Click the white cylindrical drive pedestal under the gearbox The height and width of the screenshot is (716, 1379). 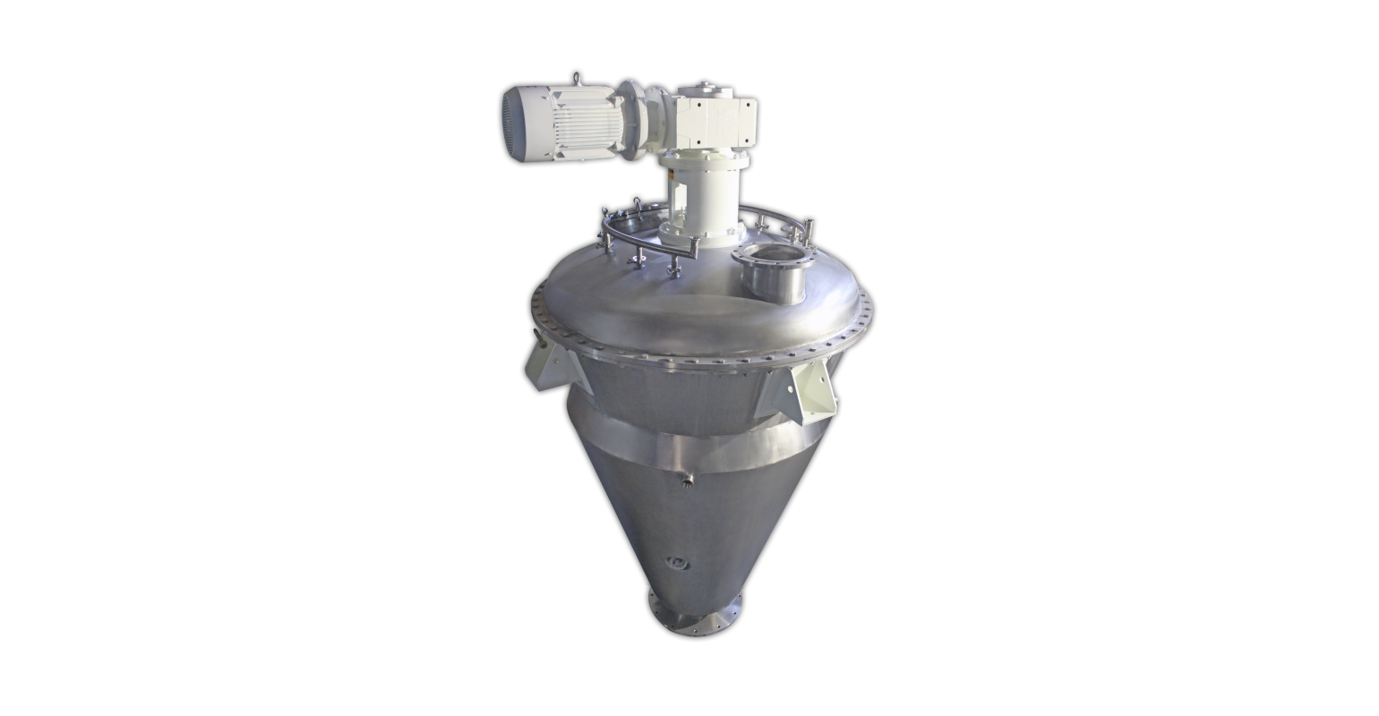[x=703, y=198]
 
